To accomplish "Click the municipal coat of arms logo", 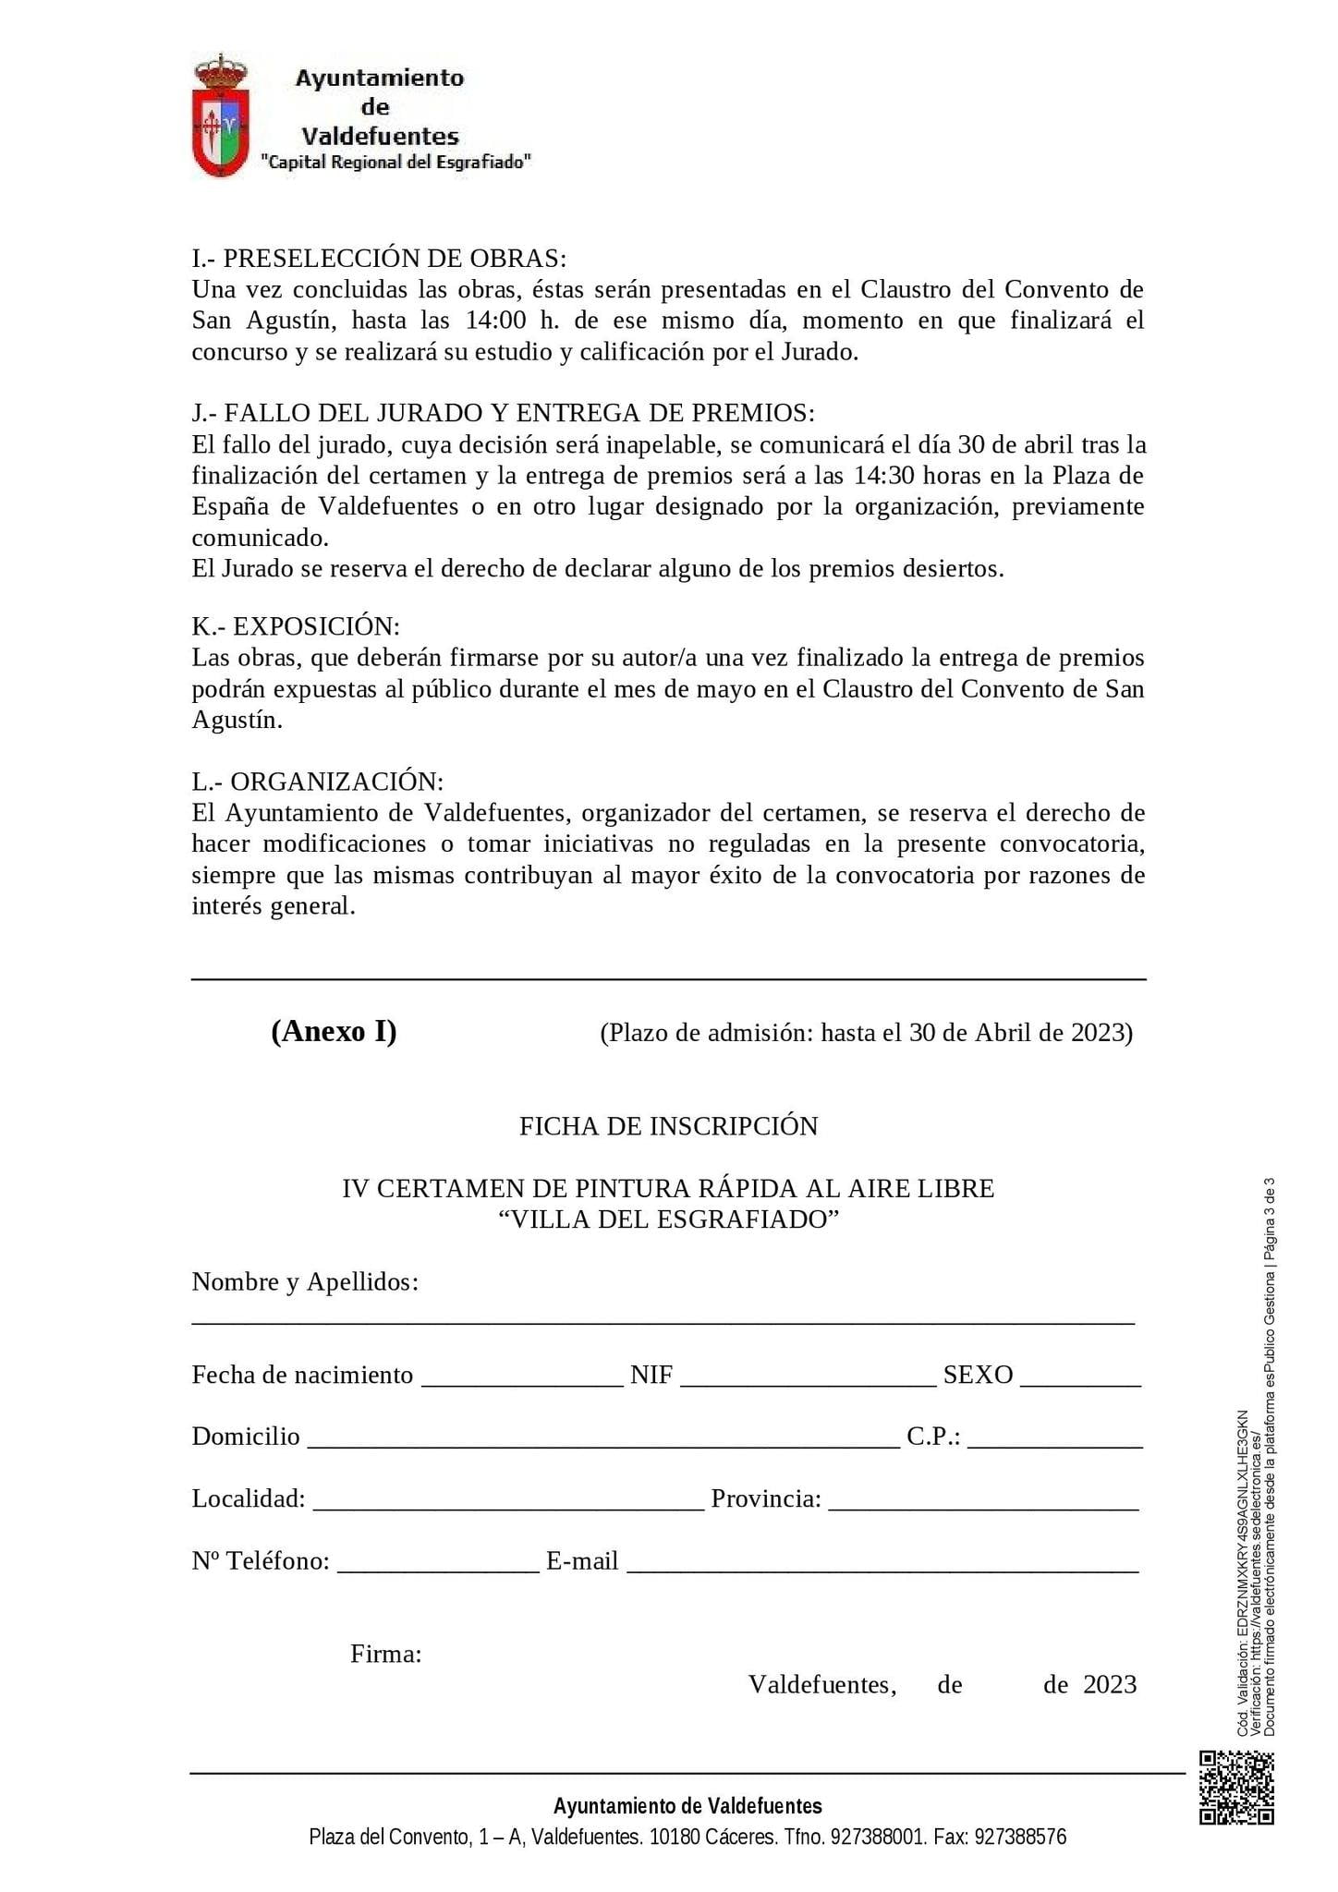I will pyautogui.click(x=220, y=115).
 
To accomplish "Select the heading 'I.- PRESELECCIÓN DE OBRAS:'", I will pyautogui.click(x=379, y=258).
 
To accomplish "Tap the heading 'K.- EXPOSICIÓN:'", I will pyautogui.click(x=296, y=626).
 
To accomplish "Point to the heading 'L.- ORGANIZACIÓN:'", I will pyautogui.click(x=318, y=782).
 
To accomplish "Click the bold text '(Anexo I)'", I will pyautogui.click(x=334, y=1031).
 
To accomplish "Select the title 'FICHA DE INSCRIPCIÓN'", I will pyautogui.click(x=668, y=1126).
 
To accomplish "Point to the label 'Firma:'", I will pyautogui.click(x=386, y=1654).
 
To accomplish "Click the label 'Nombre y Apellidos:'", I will pyautogui.click(x=305, y=1282).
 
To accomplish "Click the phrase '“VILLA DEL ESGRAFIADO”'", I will pyautogui.click(x=668, y=1219).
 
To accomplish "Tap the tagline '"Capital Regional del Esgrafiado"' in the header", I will pyautogui.click(x=396, y=163).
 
